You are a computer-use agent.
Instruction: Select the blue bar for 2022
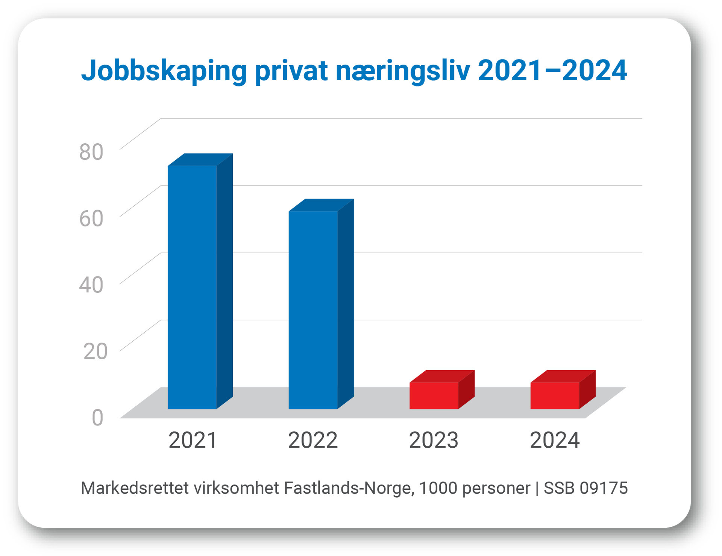click(x=313, y=310)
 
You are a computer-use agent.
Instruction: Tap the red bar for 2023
click(x=434, y=395)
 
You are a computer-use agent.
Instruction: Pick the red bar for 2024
click(x=555, y=395)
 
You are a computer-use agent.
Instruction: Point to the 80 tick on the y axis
click(x=91, y=152)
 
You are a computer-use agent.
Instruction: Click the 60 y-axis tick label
click(x=91, y=218)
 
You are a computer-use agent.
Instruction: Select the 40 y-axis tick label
click(x=91, y=284)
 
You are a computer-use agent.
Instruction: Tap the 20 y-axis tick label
click(x=95, y=351)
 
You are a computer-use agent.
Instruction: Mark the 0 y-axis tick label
click(x=97, y=418)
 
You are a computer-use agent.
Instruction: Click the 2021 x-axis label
click(x=193, y=440)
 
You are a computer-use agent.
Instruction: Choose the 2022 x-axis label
click(x=313, y=440)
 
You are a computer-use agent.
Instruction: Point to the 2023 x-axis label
click(x=434, y=440)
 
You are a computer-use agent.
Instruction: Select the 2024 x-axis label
click(x=555, y=440)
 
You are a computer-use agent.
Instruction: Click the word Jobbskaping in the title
click(x=164, y=71)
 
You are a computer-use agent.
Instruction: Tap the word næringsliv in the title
click(x=403, y=71)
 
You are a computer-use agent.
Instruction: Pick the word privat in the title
click(x=291, y=71)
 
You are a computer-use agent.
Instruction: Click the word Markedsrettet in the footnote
click(x=135, y=488)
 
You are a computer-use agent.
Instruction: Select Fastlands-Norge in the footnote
click(x=349, y=488)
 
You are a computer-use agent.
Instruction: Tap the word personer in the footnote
click(x=496, y=488)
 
